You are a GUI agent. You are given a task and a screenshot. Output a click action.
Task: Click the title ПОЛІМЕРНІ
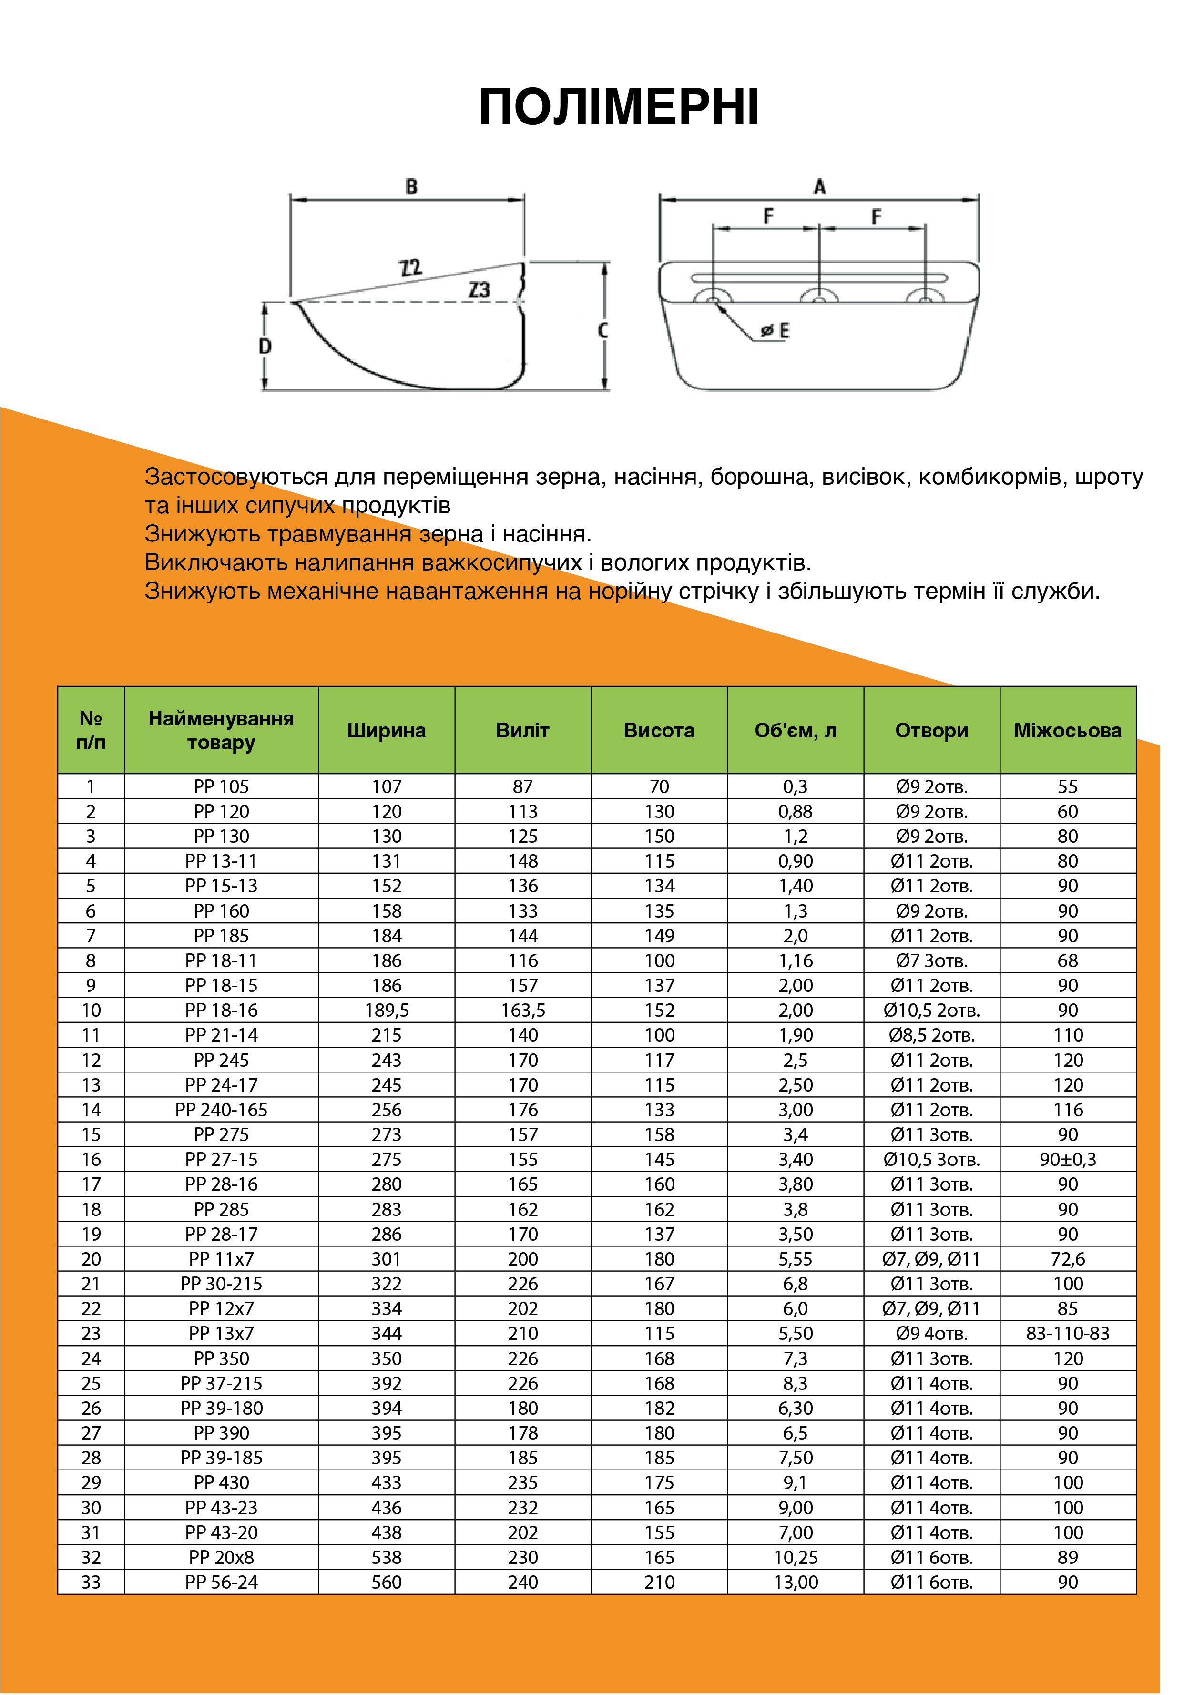[619, 108]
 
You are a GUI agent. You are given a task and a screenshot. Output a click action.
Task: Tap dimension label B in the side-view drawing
[411, 187]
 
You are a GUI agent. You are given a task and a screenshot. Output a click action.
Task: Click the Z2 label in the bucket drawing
[410, 267]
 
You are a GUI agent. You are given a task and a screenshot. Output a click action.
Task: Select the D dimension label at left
[265, 346]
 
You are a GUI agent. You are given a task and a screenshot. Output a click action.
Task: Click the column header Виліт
[523, 730]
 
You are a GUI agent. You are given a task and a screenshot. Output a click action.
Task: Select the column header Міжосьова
[1068, 730]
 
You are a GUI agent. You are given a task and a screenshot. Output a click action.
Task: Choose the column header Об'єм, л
[795, 730]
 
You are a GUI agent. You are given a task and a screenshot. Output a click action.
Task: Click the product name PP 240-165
[222, 1110]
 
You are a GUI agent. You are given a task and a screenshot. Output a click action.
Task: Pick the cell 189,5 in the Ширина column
[386, 1010]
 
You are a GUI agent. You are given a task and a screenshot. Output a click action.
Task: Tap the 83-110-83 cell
[1068, 1333]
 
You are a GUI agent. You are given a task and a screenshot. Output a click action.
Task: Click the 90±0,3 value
[1068, 1159]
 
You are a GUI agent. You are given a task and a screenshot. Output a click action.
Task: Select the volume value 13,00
[795, 1582]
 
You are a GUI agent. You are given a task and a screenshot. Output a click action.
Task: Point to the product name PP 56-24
[222, 1582]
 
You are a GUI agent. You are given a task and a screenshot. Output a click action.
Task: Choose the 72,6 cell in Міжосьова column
[1068, 1259]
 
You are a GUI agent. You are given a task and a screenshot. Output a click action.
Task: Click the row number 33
[91, 1582]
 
